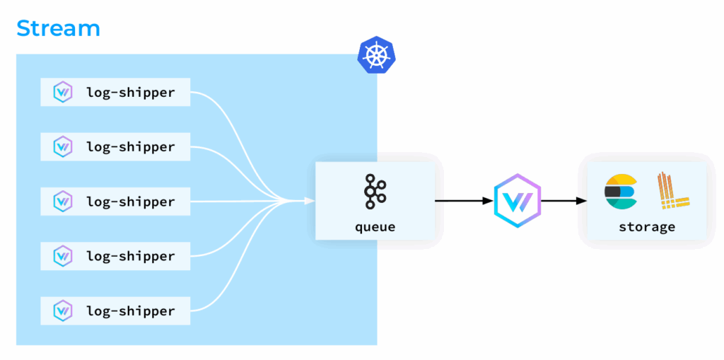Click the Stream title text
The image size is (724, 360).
point(58,28)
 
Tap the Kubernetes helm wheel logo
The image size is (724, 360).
point(376,55)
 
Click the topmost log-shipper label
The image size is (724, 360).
point(130,92)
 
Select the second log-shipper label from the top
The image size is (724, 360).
point(130,147)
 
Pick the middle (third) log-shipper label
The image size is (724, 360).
point(130,202)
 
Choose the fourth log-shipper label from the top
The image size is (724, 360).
point(130,256)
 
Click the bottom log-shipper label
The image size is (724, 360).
point(130,310)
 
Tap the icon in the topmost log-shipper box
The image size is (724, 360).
point(63,92)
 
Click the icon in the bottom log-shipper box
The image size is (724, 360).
point(63,310)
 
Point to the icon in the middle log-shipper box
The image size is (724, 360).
point(63,202)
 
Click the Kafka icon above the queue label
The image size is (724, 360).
point(375,192)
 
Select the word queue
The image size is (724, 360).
point(375,227)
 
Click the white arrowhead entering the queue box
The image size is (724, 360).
point(310,202)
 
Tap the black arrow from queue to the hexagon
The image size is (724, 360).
point(463,201)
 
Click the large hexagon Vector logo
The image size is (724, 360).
point(517,201)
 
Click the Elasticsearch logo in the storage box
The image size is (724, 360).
point(621,191)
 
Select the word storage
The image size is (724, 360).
point(646,227)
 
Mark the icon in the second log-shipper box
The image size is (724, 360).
point(63,147)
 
